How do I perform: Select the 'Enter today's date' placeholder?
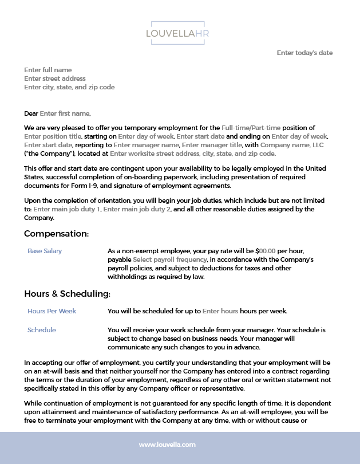click(304, 53)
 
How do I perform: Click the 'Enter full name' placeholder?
click(48, 70)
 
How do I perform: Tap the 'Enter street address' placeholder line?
click(55, 78)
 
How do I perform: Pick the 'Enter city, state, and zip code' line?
click(69, 87)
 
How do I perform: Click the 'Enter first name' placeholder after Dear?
click(65, 113)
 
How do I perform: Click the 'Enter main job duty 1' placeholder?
click(67, 209)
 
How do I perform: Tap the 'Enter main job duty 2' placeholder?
click(137, 209)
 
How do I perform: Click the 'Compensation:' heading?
click(56, 234)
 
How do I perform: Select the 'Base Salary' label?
click(45, 251)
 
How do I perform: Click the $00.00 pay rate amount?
click(267, 251)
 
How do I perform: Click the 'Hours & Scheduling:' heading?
click(67, 294)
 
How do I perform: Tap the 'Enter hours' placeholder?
click(220, 311)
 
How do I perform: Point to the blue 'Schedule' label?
click(42, 330)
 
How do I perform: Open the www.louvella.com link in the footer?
click(168, 445)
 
